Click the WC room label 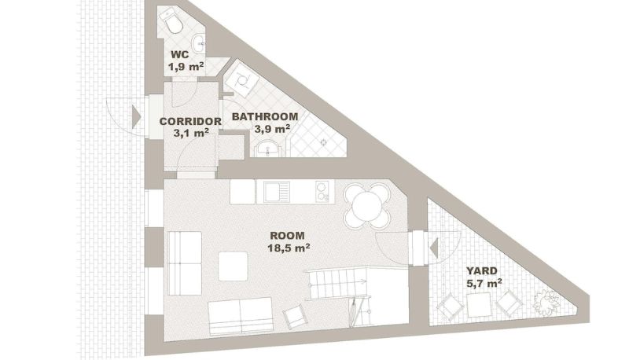pyautogui.click(x=179, y=55)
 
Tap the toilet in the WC pyautogui.click(x=171, y=21)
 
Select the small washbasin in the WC pyautogui.click(x=198, y=42)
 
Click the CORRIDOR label pyautogui.click(x=190, y=121)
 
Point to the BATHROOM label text pyautogui.click(x=265, y=116)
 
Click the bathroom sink pyautogui.click(x=268, y=149)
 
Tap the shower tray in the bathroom pyautogui.click(x=241, y=79)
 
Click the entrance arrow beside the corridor pyautogui.click(x=136, y=116)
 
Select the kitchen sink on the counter pyautogui.click(x=277, y=192)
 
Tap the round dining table pyautogui.click(x=367, y=206)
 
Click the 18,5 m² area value pyautogui.click(x=289, y=248)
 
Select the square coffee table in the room pyautogui.click(x=233, y=266)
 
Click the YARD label pyautogui.click(x=482, y=270)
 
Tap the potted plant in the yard pyautogui.click(x=546, y=302)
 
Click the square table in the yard pyautogui.click(x=480, y=305)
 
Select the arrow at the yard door pyautogui.click(x=434, y=248)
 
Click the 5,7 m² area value pyautogui.click(x=484, y=284)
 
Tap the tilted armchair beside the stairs pyautogui.click(x=296, y=317)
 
